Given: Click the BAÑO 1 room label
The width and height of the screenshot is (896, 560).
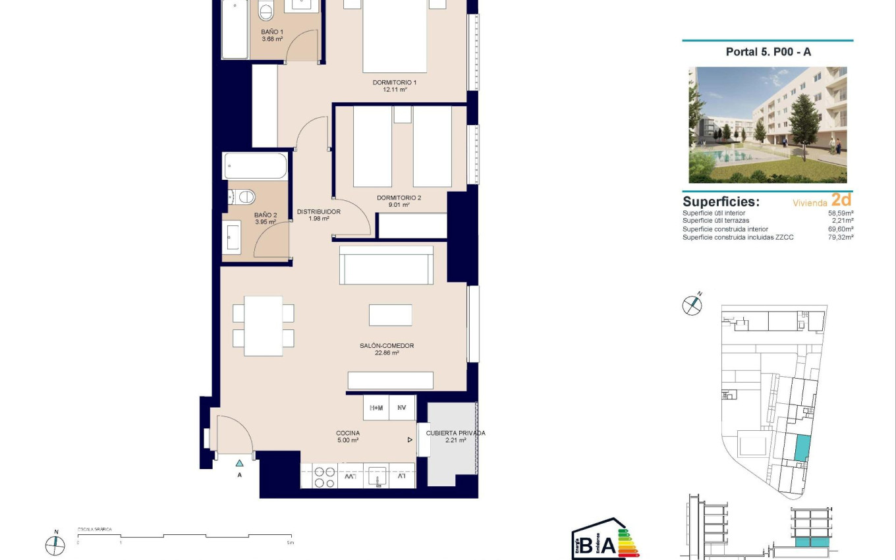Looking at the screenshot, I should click(272, 32).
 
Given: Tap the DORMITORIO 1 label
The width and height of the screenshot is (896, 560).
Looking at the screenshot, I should click(395, 82).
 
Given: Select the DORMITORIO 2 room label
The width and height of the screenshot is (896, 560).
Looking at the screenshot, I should click(399, 198).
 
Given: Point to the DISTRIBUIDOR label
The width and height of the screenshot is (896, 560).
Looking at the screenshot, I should click(318, 211).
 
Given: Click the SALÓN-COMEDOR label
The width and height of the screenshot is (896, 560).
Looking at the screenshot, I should click(387, 346).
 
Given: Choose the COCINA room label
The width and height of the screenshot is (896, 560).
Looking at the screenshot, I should click(348, 434).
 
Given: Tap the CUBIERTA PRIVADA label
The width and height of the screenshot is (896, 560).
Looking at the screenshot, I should click(455, 434).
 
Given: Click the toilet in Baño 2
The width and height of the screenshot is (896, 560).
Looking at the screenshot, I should click(244, 196).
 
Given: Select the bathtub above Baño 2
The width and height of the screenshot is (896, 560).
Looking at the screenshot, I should click(255, 166).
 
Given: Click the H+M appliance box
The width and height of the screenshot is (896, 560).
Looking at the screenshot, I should click(376, 408).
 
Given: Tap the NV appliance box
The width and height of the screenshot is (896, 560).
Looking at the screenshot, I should click(402, 408).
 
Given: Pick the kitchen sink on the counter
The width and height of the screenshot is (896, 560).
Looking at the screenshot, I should click(376, 476).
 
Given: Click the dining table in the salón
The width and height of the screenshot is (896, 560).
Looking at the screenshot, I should click(263, 325).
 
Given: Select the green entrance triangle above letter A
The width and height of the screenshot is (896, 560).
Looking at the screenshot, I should click(239, 462).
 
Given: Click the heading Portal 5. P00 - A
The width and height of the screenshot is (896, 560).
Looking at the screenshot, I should click(768, 52).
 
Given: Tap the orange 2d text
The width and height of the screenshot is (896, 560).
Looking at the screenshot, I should click(841, 200).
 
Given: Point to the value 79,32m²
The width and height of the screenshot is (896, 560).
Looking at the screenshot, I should click(841, 237).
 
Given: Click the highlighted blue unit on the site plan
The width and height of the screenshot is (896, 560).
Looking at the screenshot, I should click(801, 448).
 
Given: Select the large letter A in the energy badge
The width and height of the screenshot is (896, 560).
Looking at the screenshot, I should click(608, 545).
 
